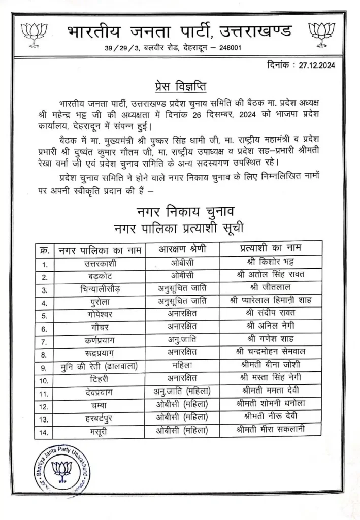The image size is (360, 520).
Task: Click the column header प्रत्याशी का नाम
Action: click(270, 249)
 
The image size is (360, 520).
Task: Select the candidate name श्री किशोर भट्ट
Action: click(269, 263)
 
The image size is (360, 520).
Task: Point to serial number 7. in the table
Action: click(45, 339)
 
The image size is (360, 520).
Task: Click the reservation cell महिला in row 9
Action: click(182, 364)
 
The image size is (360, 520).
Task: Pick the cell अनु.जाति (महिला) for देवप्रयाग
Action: click(182, 391)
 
